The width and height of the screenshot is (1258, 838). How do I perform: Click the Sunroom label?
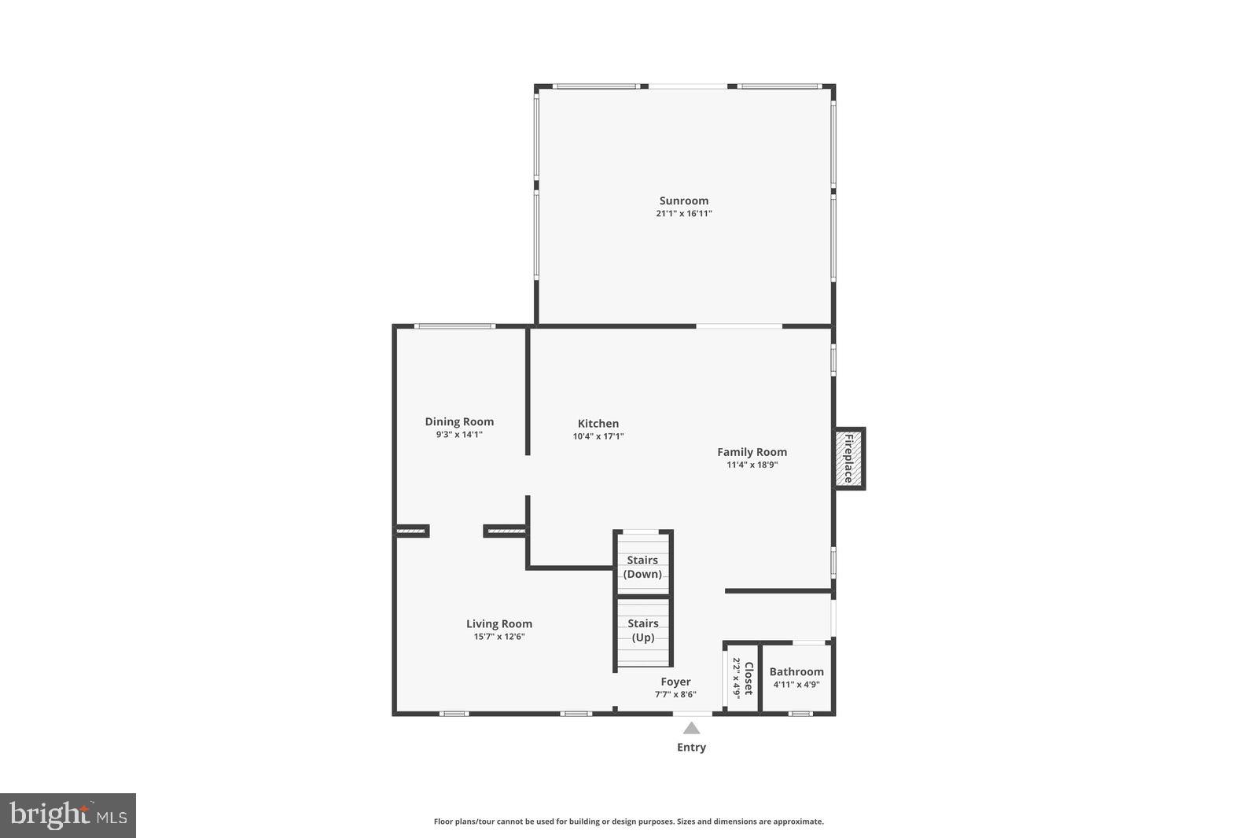683,200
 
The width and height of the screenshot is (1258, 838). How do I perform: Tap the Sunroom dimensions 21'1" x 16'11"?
683,214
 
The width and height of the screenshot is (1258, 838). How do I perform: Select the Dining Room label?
459,421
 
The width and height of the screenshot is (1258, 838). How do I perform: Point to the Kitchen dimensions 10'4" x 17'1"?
598,436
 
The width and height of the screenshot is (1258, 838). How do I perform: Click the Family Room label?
752,452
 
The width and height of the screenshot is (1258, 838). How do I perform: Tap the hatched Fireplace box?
849,459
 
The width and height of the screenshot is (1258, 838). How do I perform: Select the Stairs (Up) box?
642,631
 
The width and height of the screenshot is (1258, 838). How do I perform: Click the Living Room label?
498,624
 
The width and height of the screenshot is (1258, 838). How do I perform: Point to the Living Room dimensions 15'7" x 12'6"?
498,637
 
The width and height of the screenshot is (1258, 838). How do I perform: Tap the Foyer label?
675,682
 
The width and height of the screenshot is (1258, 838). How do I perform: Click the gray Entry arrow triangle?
691,729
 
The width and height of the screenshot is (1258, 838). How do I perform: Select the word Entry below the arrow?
691,748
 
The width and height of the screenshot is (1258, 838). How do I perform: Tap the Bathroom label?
796,671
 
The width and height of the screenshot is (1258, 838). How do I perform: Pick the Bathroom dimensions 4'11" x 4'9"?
796,685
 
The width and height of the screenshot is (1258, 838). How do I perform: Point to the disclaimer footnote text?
628,821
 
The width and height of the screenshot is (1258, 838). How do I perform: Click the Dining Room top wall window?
454,326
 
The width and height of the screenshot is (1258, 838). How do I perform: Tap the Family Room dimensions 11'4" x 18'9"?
752,465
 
